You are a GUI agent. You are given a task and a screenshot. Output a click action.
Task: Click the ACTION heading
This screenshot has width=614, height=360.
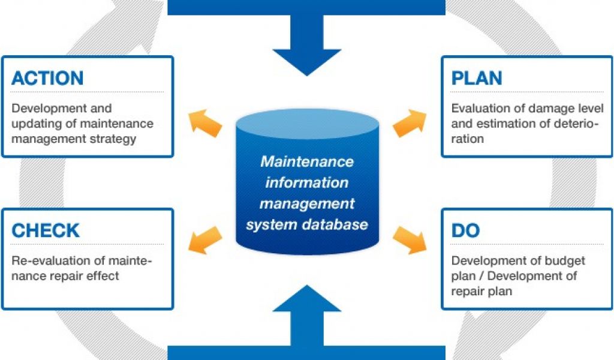click(x=47, y=78)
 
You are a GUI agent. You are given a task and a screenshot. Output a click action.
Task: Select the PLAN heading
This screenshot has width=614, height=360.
click(x=477, y=78)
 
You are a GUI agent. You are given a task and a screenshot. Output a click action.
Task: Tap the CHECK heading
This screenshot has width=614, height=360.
click(x=46, y=230)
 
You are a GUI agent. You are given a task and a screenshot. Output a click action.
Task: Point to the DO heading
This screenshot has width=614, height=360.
click(x=465, y=230)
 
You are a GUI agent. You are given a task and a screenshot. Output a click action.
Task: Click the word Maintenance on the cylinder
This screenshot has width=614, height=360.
click(x=307, y=161)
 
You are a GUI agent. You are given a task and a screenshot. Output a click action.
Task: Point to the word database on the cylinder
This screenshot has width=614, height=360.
click(x=340, y=225)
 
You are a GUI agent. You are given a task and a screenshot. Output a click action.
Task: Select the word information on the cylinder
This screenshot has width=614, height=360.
click(x=307, y=182)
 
